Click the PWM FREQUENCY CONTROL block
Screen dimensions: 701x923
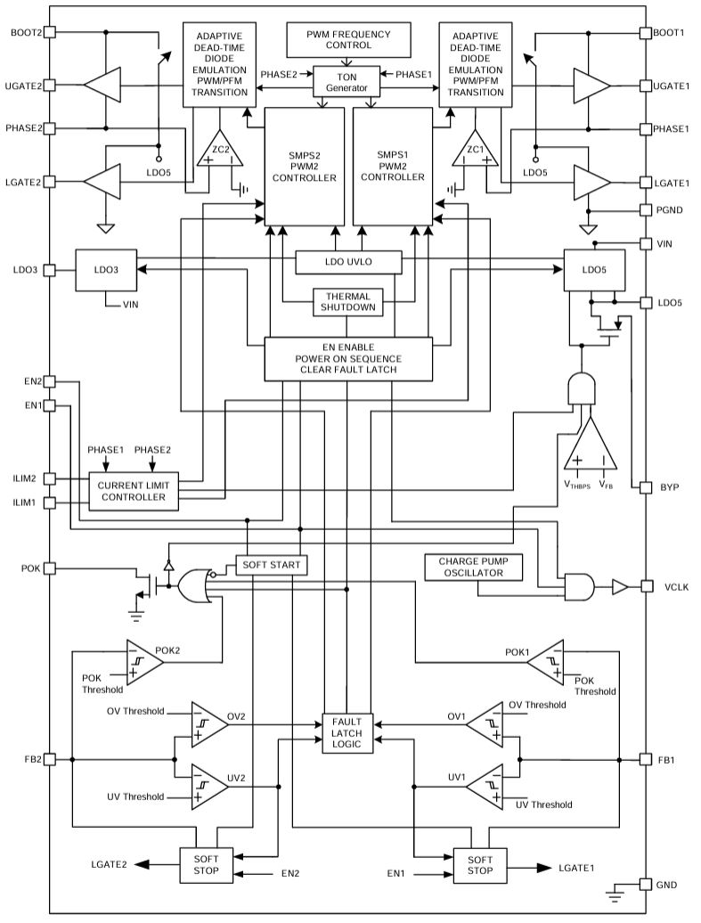pos(348,39)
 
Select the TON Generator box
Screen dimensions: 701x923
pos(346,82)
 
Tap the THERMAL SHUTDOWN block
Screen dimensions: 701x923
pos(348,302)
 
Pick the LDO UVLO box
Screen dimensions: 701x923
pos(348,262)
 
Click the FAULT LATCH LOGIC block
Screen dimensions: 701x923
pos(346,733)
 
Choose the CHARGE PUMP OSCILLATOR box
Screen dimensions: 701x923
pos(473,567)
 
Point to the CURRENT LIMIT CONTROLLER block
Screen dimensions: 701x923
pos(134,491)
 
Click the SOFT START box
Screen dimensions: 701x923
pos(272,565)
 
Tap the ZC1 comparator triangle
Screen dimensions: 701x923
pos(475,149)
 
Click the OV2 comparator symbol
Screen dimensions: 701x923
pos(209,724)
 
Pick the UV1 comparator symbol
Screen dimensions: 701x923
pos(485,786)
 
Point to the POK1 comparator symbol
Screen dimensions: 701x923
pos(545,663)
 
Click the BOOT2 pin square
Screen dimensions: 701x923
pos(50,32)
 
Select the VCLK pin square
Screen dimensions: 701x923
pos(647,586)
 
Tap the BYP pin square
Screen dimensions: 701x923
pos(647,487)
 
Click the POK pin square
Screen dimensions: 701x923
pos(50,568)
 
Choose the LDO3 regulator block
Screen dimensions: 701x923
pos(106,270)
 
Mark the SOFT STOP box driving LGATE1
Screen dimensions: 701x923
pos(480,865)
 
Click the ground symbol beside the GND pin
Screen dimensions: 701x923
pos(615,893)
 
